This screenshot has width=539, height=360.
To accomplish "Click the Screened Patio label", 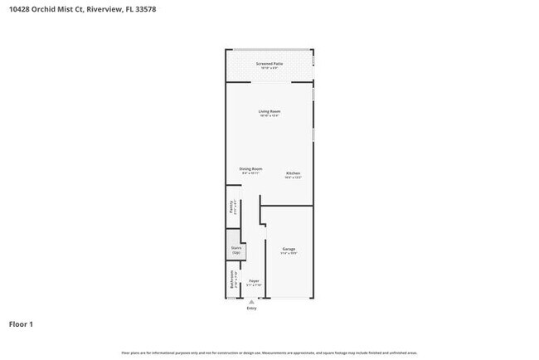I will pyautogui.click(x=269, y=63).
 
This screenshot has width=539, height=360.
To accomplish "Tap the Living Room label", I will pyautogui.click(x=269, y=111).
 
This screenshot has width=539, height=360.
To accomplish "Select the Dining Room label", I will pyautogui.click(x=251, y=168).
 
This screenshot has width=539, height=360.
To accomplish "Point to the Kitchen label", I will pyautogui.click(x=293, y=173).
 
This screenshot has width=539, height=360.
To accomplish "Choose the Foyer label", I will pyautogui.click(x=255, y=281).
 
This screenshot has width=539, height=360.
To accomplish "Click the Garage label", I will pyautogui.click(x=289, y=249).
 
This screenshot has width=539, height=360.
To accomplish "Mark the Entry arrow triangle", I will pyautogui.click(x=252, y=303).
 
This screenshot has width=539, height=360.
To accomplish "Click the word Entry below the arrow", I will pyautogui.click(x=252, y=309).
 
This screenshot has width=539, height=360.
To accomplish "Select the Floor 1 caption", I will pyautogui.click(x=22, y=324).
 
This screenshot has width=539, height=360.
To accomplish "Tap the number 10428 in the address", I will pyautogui.click(x=20, y=9).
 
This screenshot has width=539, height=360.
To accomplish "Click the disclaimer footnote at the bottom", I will pyautogui.click(x=269, y=353).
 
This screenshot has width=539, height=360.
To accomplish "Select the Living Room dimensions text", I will pyautogui.click(x=269, y=116).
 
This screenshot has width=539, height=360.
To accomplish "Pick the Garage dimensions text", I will pyautogui.click(x=289, y=253).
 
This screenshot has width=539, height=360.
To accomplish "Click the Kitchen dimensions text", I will pyautogui.click(x=293, y=178).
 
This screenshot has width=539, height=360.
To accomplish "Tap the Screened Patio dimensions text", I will pyautogui.click(x=269, y=68).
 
